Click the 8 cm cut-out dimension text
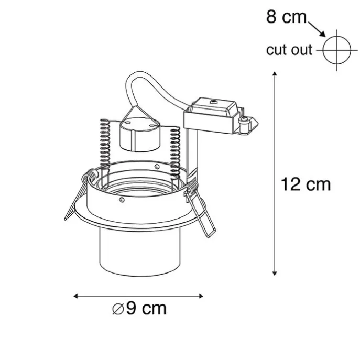coord(286,17)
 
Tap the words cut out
coord(289,50)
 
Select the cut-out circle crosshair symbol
coord(337,50)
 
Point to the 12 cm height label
coord(306,184)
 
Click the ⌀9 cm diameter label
coord(139,308)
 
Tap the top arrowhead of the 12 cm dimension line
coord(275,73)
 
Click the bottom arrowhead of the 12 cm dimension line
coord(275,273)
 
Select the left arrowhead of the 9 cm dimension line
coord(75,296)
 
